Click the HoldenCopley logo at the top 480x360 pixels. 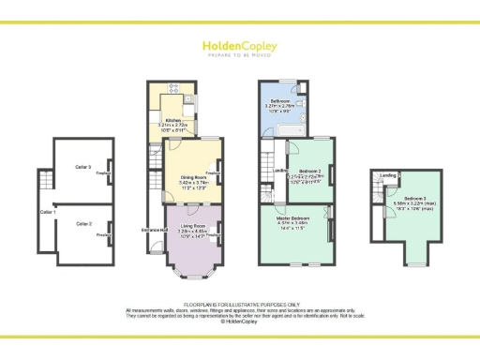coord(239,47)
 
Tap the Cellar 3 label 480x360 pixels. coord(82,167)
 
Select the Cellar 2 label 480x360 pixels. coord(83,224)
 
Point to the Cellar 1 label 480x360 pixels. coord(48,213)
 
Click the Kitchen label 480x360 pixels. coord(172,119)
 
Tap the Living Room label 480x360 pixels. coord(194,225)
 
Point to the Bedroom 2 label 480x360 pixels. coord(311,171)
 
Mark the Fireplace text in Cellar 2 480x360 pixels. coord(102,235)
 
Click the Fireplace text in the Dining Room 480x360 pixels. coord(213,174)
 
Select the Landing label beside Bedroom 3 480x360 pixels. coord(387,174)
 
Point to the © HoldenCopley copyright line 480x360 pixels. coord(240,321)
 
